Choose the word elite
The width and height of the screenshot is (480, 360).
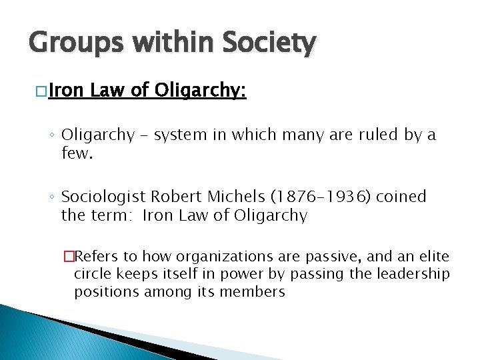[433, 257]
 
